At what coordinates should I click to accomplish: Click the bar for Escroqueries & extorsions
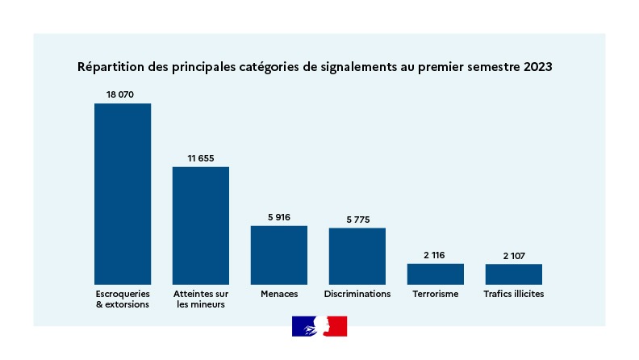(x=123, y=194)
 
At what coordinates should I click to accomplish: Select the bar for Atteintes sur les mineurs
(x=201, y=225)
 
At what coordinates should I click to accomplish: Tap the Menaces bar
(x=279, y=254)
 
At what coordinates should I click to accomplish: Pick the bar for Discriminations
(x=357, y=256)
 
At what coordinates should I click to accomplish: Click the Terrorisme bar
(x=436, y=274)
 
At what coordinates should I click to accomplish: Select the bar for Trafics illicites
(x=514, y=274)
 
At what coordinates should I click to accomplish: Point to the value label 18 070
(x=120, y=94)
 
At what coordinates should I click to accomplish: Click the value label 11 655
(x=201, y=158)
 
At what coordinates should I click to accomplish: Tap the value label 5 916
(x=279, y=217)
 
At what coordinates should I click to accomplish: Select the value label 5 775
(x=357, y=220)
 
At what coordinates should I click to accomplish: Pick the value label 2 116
(x=436, y=255)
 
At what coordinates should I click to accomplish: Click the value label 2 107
(x=514, y=255)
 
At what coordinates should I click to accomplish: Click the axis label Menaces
(x=279, y=294)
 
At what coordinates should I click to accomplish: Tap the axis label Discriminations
(x=357, y=294)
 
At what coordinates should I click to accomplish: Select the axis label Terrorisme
(x=436, y=294)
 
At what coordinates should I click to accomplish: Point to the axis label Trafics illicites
(x=514, y=294)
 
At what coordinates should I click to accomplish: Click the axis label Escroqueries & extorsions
(x=123, y=299)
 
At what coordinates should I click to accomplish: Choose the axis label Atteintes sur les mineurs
(x=201, y=299)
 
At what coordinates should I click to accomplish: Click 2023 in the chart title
(x=537, y=67)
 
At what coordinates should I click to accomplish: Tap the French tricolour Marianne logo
(x=319, y=326)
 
